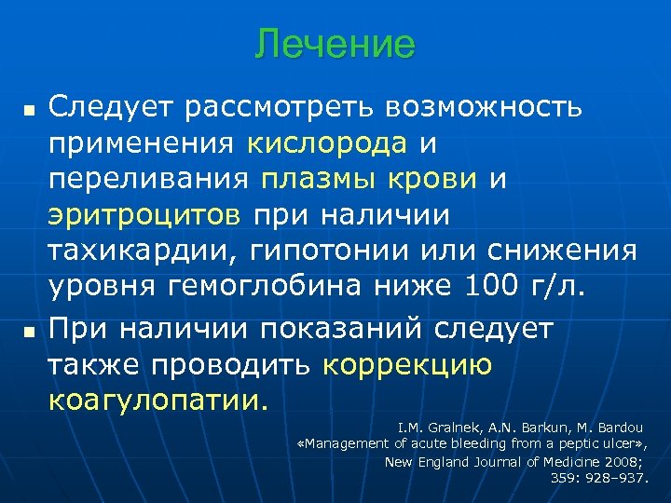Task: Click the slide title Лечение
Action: click(x=335, y=44)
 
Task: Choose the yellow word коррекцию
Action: click(x=407, y=365)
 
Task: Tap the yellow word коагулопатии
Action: click(x=157, y=401)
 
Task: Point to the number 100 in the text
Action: click(x=490, y=286)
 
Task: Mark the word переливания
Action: click(x=150, y=179)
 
